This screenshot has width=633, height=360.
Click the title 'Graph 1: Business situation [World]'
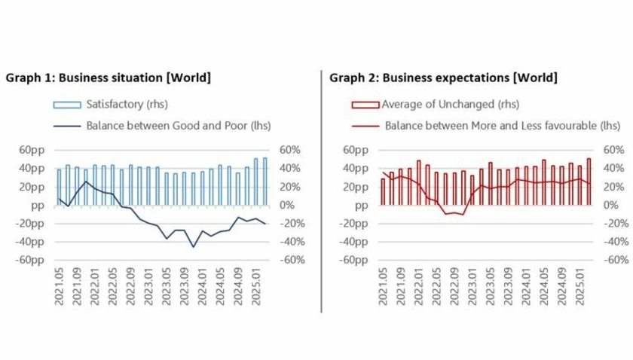pos(108,78)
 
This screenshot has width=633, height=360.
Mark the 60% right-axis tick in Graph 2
pos(615,149)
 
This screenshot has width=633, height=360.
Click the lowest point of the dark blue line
pos(193,246)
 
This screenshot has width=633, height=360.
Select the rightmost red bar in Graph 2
pos(589,181)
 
